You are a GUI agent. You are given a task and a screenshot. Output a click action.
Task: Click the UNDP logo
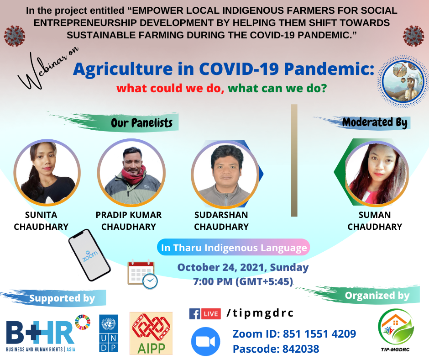point(108,333)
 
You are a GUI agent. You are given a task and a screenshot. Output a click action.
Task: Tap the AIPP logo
point(151,334)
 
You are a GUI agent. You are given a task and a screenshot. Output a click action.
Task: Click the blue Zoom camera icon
point(205,341)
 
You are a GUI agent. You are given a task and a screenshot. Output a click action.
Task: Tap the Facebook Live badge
point(205,314)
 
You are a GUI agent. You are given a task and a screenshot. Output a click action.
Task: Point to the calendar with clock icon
point(142,274)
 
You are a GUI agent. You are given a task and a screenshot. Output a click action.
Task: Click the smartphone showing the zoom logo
point(89,255)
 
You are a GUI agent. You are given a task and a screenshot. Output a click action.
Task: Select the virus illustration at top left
point(15,36)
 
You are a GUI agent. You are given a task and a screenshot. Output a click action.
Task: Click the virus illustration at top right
point(413,36)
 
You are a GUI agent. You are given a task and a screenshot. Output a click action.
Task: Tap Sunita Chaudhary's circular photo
point(47,173)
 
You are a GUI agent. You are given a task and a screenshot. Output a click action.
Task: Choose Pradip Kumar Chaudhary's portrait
point(131,173)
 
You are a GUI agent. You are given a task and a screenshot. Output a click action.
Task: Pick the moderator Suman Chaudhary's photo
point(377,173)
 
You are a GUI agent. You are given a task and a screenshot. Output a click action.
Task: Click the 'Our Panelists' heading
point(142,123)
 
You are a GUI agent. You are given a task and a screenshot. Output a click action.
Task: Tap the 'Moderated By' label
point(375,122)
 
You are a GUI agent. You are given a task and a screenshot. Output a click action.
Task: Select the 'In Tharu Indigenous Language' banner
point(234,248)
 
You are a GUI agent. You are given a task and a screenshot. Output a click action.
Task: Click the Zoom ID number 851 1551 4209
point(319,334)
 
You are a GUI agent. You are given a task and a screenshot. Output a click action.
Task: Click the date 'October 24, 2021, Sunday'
point(243,267)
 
